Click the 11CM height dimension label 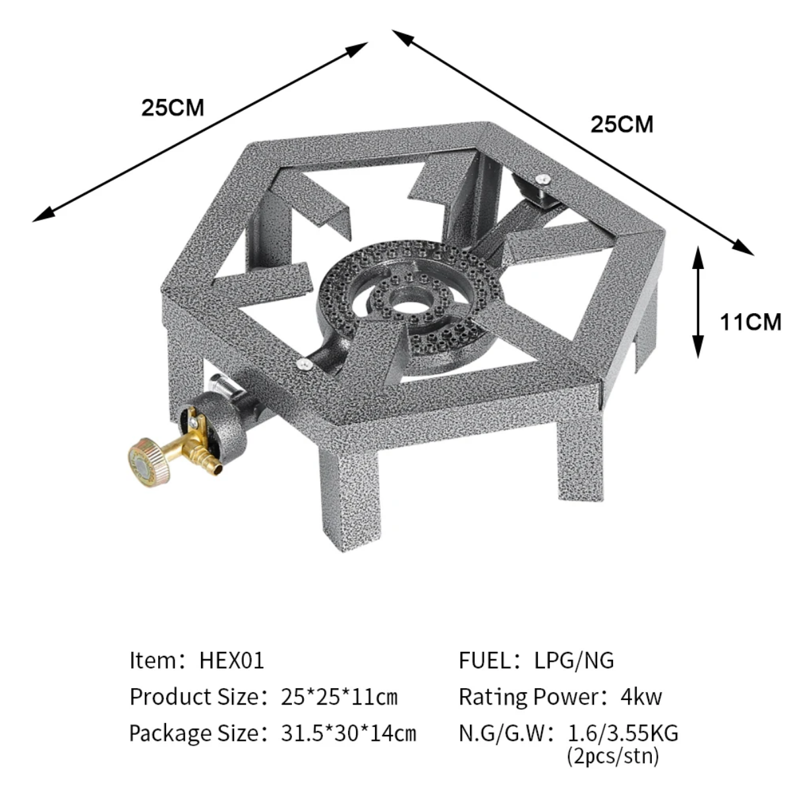point(750,322)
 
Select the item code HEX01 point(232,661)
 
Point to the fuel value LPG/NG point(574,661)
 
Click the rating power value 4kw point(641,697)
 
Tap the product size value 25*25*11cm point(339,697)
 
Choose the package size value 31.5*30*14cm point(349,734)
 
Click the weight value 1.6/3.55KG point(623,733)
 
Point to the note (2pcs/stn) point(613,756)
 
